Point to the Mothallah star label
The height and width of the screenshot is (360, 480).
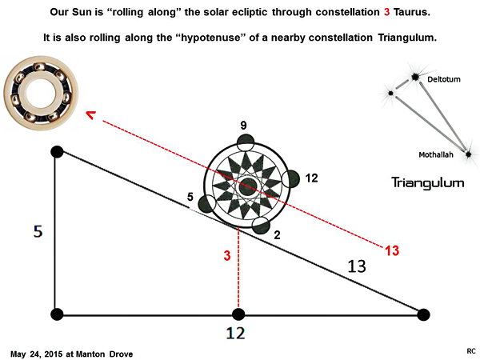coord(437,154)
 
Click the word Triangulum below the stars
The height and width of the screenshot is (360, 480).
coord(427,182)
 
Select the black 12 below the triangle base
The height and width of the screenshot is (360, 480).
coord(235,332)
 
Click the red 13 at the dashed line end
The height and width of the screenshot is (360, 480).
coord(391,251)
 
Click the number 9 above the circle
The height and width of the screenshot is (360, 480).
coord(245,126)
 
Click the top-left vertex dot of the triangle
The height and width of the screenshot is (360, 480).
coord(56,151)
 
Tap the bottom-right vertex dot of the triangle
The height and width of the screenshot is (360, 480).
coord(424,314)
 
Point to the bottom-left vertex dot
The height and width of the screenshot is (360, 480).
coord(56,314)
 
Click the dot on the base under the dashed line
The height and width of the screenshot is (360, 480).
coord(238,314)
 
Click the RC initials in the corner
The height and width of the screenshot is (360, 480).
coord(470,351)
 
